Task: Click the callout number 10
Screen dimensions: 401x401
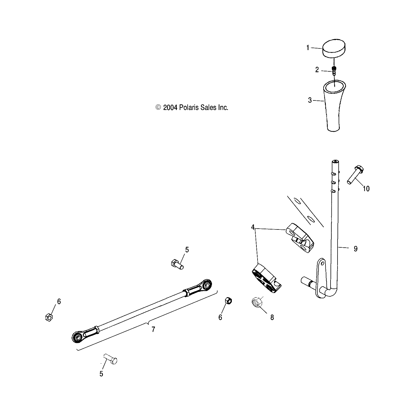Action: coord(366,189)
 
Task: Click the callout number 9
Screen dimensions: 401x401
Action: coord(355,248)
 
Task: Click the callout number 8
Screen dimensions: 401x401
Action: coord(272,317)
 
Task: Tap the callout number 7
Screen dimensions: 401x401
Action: coord(153,329)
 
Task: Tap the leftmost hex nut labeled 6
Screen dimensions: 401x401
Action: coord(49,317)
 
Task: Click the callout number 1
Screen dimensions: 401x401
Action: coord(308,48)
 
